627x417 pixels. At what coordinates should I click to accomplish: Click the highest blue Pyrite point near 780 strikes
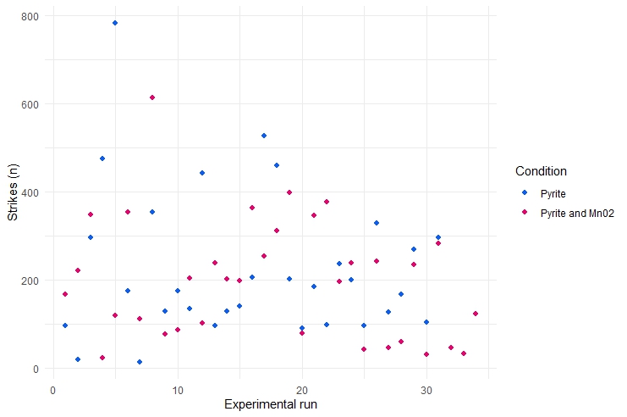coord(114,23)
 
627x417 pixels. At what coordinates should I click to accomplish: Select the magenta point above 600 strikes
coord(152,97)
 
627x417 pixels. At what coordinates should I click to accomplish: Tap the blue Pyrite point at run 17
coord(264,136)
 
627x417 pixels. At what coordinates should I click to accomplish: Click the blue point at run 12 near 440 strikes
coord(202,173)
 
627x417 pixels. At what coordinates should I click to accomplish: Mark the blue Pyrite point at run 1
coord(65,325)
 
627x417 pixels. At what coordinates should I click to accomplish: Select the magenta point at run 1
coord(65,294)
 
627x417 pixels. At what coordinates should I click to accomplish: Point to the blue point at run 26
coord(377,223)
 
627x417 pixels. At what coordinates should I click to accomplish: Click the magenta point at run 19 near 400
coord(289,192)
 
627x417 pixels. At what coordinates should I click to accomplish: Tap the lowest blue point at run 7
coord(140,362)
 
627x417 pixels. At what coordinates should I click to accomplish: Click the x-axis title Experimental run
coord(271,405)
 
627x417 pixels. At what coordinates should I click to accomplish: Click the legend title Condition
coord(541,171)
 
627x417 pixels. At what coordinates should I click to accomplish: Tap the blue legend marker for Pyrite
coord(525,193)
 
